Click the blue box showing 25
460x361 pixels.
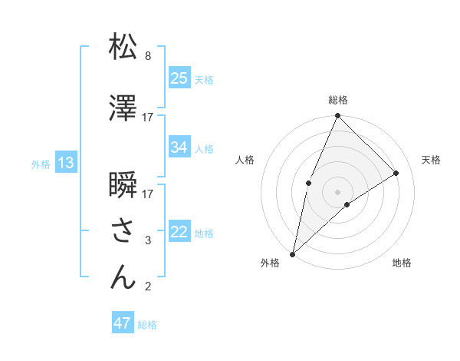[x=179, y=78]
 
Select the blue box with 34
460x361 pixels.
[x=179, y=147]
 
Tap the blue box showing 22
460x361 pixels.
[x=179, y=232]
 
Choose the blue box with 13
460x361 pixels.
[x=65, y=163]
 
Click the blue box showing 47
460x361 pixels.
[x=123, y=323]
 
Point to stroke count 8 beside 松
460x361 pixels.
[x=148, y=56]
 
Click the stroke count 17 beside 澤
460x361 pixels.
[x=148, y=118]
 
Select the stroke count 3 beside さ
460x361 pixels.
[x=148, y=240]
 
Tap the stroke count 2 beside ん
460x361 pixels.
[x=148, y=287]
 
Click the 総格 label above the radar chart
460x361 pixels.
[x=338, y=100]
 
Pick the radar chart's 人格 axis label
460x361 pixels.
[x=245, y=160]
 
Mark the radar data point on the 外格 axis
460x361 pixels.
[x=292, y=253]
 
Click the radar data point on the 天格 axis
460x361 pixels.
[x=396, y=173]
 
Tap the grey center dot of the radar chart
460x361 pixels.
[x=337, y=191]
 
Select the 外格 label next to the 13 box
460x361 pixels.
[x=40, y=164]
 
